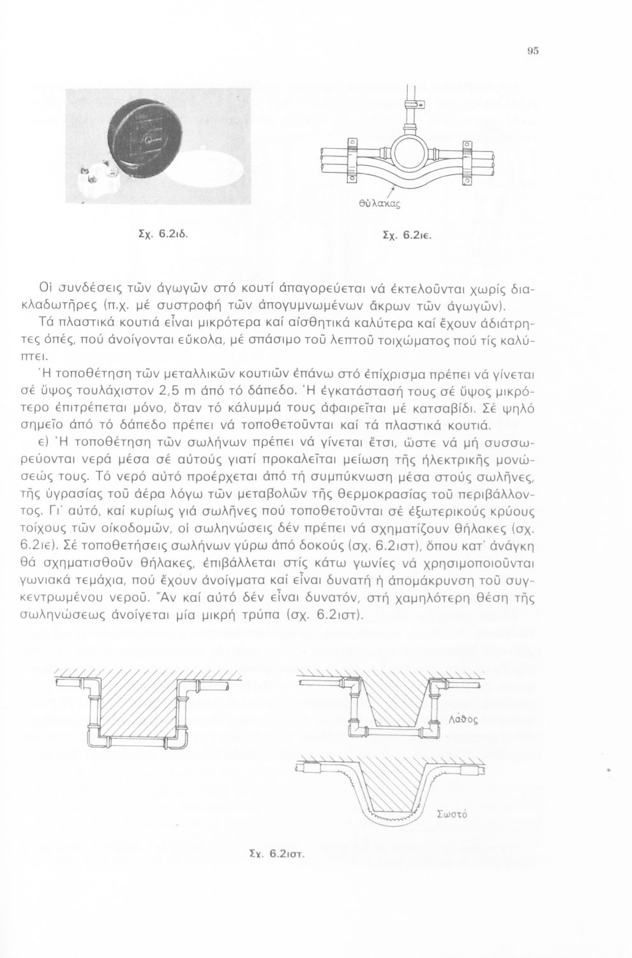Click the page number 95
534,51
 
